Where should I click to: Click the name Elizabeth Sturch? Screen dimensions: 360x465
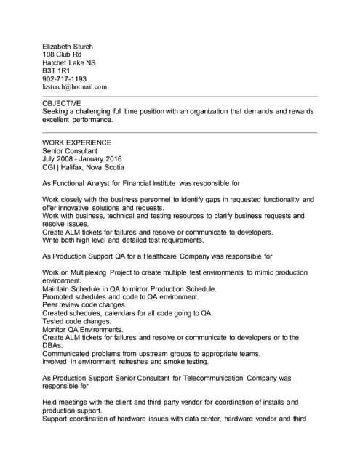68,46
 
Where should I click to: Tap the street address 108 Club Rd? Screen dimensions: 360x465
62,54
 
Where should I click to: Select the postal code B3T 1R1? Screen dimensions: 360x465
57,70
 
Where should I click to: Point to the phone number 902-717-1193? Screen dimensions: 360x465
65,78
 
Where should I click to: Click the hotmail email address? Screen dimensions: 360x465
75,86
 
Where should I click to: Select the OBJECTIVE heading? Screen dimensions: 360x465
62,103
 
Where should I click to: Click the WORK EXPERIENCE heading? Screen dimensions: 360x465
77,142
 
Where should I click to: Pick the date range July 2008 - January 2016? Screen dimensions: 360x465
82,158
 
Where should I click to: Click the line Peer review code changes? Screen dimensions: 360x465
84,305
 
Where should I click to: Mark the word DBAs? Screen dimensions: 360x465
52,346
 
